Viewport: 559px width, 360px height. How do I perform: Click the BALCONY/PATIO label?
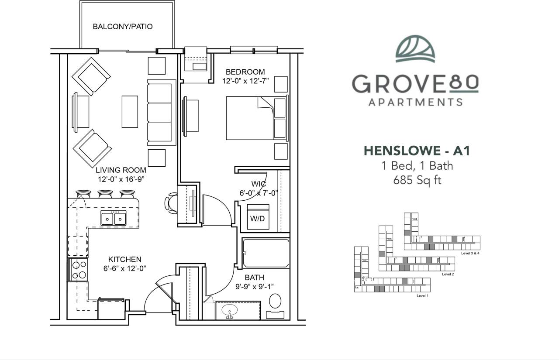[123, 27]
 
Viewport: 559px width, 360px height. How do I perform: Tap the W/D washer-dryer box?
[258, 217]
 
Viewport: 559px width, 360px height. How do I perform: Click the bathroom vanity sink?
[229, 311]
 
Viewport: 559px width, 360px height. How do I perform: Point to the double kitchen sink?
[114, 218]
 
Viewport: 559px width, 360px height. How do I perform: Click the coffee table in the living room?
[130, 112]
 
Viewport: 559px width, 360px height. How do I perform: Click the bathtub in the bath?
[266, 253]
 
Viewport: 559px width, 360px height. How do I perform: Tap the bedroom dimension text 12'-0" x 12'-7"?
[245, 81]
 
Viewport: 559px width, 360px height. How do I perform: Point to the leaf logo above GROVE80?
[415, 49]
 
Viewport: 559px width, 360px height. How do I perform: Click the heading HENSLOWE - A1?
[417, 151]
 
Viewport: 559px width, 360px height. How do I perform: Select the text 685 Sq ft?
[417, 180]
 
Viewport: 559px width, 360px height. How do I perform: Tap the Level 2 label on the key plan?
[448, 274]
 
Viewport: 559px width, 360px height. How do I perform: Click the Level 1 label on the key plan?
[422, 296]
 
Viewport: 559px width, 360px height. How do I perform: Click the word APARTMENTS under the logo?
[415, 103]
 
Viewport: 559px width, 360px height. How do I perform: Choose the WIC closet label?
[259, 184]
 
